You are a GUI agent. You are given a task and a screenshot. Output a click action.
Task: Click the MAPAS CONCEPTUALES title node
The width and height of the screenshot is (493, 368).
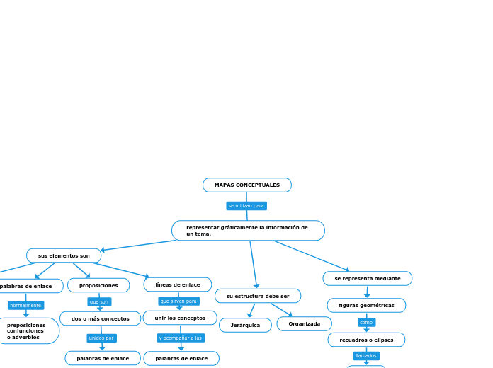pyautogui.click(x=246, y=185)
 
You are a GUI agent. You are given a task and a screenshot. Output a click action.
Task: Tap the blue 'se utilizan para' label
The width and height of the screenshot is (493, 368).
pyautogui.click(x=246, y=206)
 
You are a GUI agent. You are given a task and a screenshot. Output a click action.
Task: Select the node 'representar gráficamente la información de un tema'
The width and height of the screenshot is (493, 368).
pyautogui.click(x=248, y=231)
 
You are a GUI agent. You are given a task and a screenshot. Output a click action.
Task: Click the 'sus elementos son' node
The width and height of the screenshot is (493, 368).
pyautogui.click(x=64, y=255)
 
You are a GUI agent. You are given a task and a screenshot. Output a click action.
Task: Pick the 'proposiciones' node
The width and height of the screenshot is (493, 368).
pyautogui.click(x=98, y=285)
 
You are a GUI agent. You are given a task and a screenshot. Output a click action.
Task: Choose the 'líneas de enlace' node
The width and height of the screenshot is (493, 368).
pyautogui.click(x=178, y=284)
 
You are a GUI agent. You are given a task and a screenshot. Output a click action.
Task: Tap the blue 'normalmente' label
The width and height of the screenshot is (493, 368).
pyautogui.click(x=25, y=306)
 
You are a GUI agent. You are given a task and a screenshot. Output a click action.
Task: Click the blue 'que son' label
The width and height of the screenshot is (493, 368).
pyautogui.click(x=99, y=302)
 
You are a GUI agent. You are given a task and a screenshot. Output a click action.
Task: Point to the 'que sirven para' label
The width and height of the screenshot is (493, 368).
pyautogui.click(x=178, y=301)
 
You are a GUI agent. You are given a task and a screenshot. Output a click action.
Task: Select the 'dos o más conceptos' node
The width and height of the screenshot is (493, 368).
pyautogui.click(x=100, y=319)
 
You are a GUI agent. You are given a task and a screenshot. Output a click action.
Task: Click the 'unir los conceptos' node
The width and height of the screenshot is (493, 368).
pyautogui.click(x=180, y=318)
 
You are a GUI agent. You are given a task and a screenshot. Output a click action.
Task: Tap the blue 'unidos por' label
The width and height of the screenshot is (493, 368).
pyautogui.click(x=101, y=338)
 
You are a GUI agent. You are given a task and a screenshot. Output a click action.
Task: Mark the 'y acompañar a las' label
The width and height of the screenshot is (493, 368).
pyautogui.click(x=181, y=338)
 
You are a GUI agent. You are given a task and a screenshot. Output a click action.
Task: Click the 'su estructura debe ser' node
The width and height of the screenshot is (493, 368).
pyautogui.click(x=258, y=296)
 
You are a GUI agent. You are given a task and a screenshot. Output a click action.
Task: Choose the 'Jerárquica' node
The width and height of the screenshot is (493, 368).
pyautogui.click(x=245, y=326)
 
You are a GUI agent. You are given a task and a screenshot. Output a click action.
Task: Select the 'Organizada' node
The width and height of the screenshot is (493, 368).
pyautogui.click(x=304, y=324)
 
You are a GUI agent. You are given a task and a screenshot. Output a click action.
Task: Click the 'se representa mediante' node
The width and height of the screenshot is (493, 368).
pyautogui.click(x=367, y=279)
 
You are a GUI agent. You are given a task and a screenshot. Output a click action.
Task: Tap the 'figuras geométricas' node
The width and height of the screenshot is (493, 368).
pyautogui.click(x=366, y=306)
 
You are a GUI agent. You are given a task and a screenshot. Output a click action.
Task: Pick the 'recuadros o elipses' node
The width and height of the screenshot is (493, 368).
pyautogui.click(x=366, y=340)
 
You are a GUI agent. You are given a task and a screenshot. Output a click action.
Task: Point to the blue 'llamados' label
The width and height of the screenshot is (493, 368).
pyautogui.click(x=366, y=356)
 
